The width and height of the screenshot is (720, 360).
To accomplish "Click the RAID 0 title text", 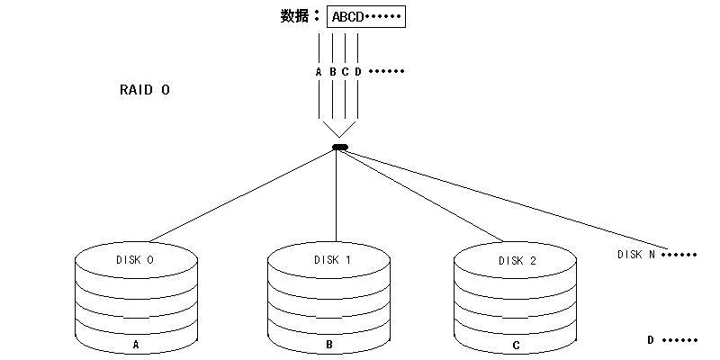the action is (145, 89).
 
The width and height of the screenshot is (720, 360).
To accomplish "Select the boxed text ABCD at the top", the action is (347, 17).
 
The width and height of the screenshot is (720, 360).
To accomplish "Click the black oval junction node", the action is (340, 148).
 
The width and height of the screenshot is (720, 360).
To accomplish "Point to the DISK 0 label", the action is (134, 260).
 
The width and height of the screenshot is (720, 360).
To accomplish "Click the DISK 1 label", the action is (332, 260).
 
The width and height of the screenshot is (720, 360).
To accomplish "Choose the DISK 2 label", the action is (517, 261).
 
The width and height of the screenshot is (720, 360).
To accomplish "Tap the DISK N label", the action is (636, 255).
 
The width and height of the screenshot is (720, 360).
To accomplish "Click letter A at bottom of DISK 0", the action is (136, 345).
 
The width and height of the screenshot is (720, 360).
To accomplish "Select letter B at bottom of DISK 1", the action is (328, 345).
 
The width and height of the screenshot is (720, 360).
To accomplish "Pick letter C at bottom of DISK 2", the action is (516, 346).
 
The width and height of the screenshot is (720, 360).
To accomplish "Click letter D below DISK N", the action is (650, 340).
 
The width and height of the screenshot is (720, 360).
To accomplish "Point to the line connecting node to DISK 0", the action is (241, 195).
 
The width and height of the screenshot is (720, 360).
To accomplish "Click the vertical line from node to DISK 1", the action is (336, 196).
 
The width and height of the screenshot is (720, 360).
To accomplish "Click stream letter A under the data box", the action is (319, 72).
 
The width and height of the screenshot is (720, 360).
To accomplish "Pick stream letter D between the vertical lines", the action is (358, 72).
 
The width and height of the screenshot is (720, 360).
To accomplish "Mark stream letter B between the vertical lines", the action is (332, 72).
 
